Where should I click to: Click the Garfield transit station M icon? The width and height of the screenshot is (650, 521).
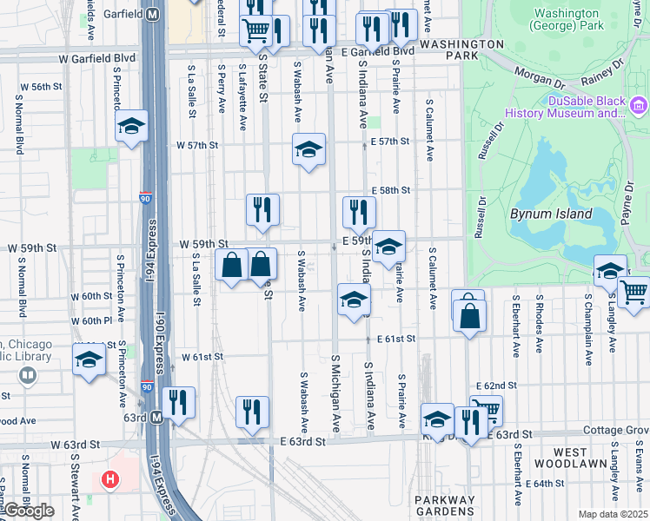pyautogui.click(x=153, y=14)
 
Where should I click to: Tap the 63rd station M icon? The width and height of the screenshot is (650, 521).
pyautogui.click(x=157, y=418)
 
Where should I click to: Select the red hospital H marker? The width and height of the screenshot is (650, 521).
pyautogui.click(x=110, y=478)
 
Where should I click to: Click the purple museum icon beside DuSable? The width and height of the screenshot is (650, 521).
pyautogui.click(x=640, y=108)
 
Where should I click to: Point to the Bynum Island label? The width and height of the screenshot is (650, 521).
pyautogui.click(x=551, y=214)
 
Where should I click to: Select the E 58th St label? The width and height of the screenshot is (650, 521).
pyautogui.click(x=389, y=190)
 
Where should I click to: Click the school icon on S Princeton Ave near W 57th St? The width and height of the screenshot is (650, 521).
pyautogui.click(x=131, y=128)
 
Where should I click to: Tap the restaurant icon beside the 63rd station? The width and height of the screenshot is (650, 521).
pyautogui.click(x=178, y=402)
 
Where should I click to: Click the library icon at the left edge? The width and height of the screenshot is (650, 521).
pyautogui.click(x=29, y=375)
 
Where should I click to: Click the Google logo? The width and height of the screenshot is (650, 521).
pyautogui.click(x=29, y=511)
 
